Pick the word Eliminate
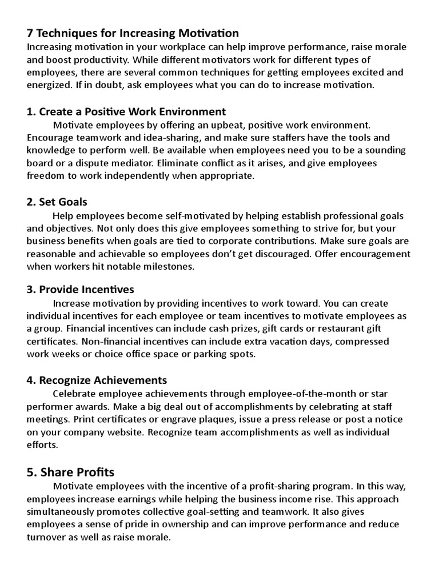[x=166, y=163]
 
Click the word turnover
[x=46, y=538]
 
